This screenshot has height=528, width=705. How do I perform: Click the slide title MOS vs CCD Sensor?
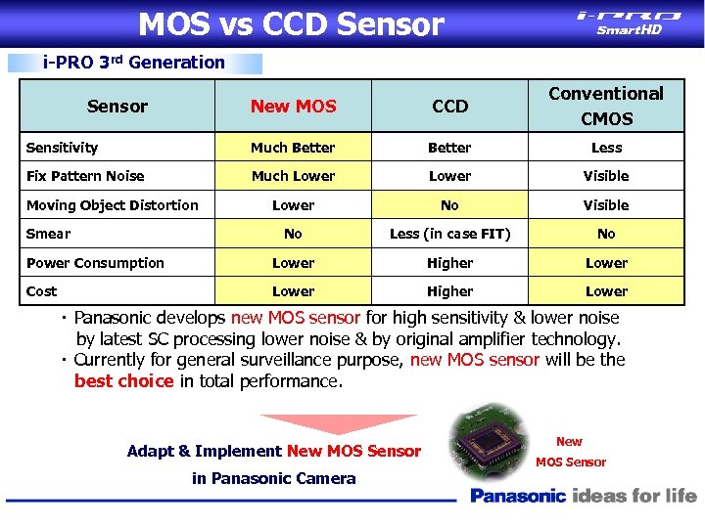[x=291, y=23]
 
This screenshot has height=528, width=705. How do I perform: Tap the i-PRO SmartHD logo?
[x=630, y=22]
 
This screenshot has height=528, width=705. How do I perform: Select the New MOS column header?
[x=293, y=106]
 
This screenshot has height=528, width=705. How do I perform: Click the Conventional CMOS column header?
[x=606, y=106]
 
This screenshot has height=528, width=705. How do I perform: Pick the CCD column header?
[x=449, y=106]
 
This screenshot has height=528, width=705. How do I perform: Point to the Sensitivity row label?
[x=62, y=148]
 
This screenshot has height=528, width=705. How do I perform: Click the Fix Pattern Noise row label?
[x=85, y=176]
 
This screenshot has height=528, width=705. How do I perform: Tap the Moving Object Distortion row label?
[x=112, y=205]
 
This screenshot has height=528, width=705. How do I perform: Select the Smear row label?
[x=48, y=234]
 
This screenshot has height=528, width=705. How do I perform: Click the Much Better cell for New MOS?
[x=293, y=148]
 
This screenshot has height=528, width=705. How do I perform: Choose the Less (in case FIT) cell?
[x=449, y=234]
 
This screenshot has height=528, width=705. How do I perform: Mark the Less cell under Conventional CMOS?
[x=606, y=148]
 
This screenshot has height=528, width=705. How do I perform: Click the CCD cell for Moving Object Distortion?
[x=449, y=205]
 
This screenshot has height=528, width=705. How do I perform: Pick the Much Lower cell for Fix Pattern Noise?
[x=293, y=176]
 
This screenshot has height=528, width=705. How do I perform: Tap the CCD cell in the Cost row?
[x=449, y=291]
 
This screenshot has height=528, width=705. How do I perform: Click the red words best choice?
[x=123, y=381]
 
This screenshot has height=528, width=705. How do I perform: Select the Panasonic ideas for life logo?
[x=584, y=496]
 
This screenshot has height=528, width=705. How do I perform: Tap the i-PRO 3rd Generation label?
[x=134, y=63]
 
